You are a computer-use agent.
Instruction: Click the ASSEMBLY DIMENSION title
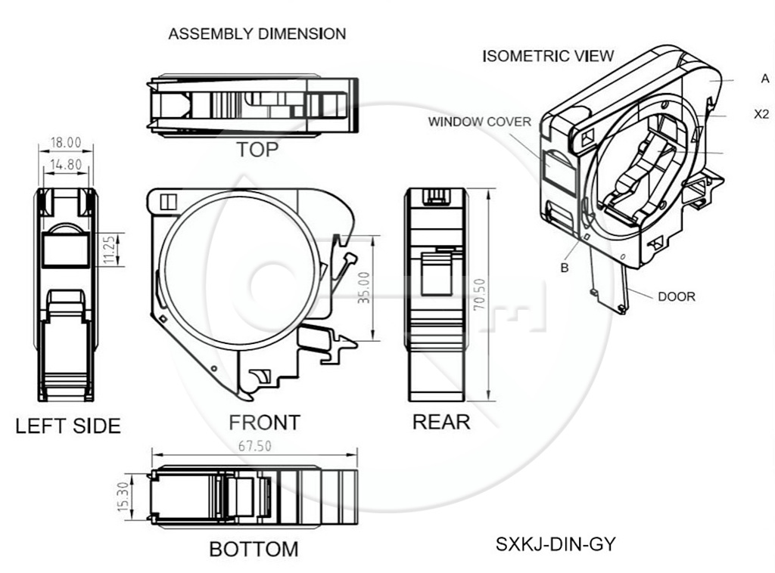tap(257, 34)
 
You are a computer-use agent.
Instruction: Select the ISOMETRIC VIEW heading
tap(548, 56)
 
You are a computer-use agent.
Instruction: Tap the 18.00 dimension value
tap(65, 142)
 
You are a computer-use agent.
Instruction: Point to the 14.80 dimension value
tap(65, 163)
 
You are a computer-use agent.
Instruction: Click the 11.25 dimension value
tap(110, 249)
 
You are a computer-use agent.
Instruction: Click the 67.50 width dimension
tap(254, 446)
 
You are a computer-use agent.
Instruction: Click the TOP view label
tap(257, 149)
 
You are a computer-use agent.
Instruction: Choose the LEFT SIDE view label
tap(68, 426)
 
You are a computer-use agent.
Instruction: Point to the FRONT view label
tap(264, 422)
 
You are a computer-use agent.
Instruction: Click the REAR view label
tap(440, 422)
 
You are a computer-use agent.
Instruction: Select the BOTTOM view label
tap(254, 549)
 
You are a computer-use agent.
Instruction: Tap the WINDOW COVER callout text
tap(479, 122)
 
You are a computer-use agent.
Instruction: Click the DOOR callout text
tap(676, 297)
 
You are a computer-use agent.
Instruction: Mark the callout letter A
tap(765, 79)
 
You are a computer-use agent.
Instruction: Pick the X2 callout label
tap(762, 115)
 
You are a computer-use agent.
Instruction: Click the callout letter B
tap(565, 268)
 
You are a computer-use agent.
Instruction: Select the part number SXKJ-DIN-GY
tap(556, 543)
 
